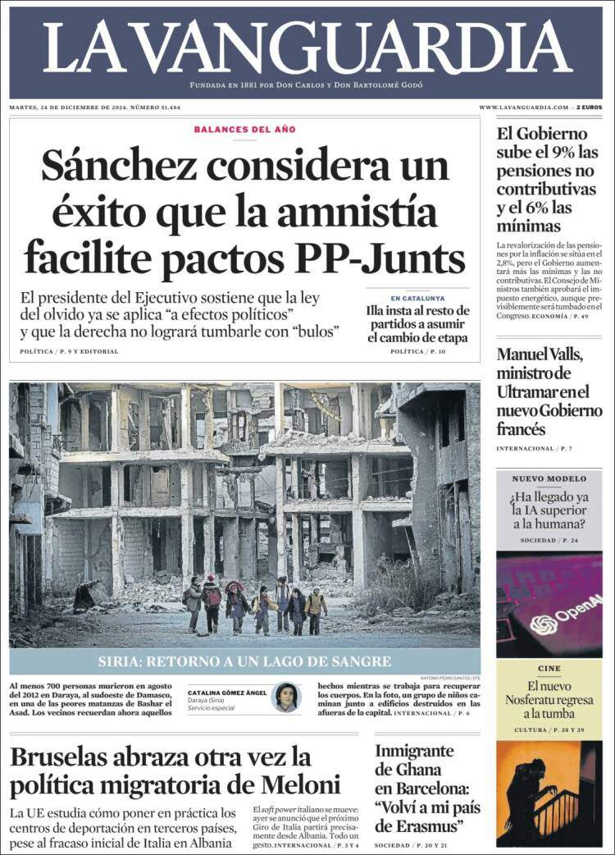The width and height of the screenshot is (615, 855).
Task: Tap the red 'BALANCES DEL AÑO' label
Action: [244, 130]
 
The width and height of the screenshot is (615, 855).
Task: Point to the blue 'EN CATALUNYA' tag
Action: [417, 298]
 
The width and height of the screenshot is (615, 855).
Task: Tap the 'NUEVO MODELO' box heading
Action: [549, 478]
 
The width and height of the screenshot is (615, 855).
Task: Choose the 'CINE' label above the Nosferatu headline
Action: [549, 669]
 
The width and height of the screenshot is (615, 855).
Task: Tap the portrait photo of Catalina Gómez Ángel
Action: [285, 697]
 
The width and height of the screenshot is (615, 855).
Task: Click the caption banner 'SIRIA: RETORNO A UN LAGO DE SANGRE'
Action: [244, 661]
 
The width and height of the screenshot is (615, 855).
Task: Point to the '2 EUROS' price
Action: [589, 107]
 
